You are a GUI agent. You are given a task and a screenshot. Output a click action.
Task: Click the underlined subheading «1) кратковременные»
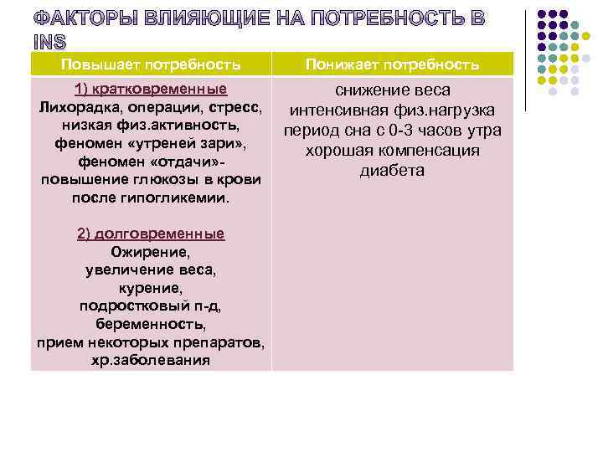click(151, 90)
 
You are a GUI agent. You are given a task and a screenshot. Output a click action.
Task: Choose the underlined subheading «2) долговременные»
click(151, 234)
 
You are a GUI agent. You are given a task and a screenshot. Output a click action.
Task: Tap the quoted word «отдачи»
click(179, 162)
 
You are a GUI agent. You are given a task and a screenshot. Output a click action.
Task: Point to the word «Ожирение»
click(151, 251)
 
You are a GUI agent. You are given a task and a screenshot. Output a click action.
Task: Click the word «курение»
click(151, 287)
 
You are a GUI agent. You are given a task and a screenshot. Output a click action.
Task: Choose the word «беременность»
click(151, 324)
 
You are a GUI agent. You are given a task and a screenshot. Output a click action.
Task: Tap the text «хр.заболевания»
click(151, 361)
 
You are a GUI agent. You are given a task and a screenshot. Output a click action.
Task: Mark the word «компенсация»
click(427, 151)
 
